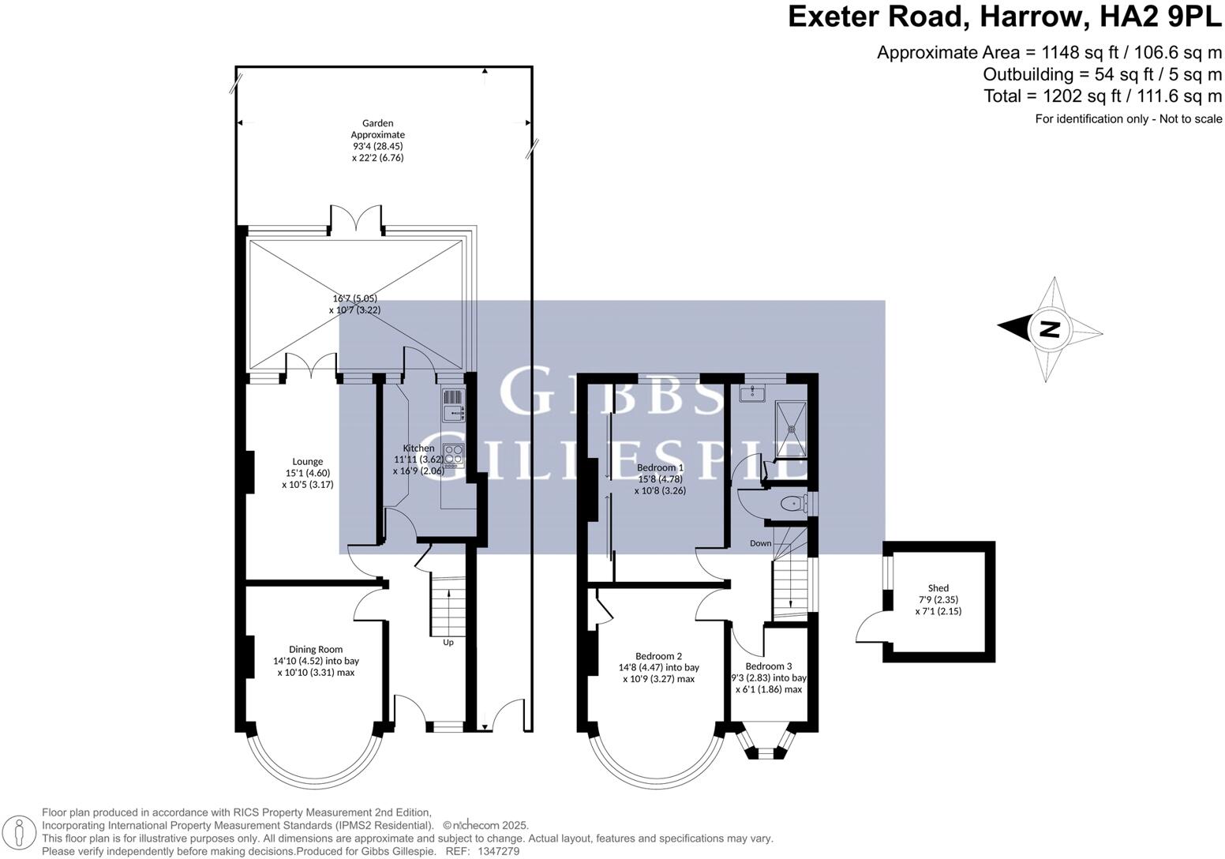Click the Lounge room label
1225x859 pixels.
coord(307,462)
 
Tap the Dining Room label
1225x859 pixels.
coord(316,649)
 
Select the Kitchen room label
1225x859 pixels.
coord(418,448)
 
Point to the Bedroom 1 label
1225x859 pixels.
coord(661,467)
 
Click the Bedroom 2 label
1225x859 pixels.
coord(658,655)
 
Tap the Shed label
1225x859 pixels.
coord(938,588)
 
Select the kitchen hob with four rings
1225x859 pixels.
coord(453,456)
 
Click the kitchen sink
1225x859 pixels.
coord(453,404)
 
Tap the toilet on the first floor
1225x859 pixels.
coord(790,503)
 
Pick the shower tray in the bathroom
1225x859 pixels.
coord(790,430)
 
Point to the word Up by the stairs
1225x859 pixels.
coord(448,642)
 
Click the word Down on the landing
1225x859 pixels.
coord(760,543)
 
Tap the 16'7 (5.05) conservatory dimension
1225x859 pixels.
coord(354,298)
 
